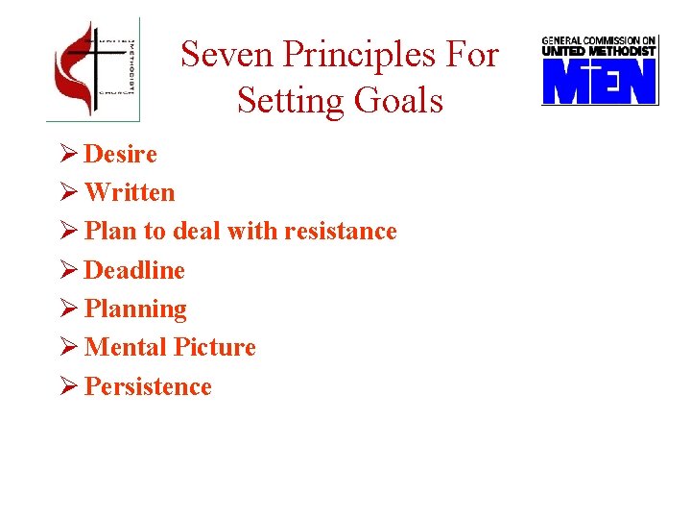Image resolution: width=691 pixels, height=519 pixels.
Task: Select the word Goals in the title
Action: point(405,99)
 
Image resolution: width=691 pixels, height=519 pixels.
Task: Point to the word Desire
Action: point(121,154)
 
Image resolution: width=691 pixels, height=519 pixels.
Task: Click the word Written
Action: point(130,192)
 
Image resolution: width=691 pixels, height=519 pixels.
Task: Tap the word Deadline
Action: point(134,270)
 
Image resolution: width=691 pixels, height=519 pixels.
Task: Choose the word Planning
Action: point(135,309)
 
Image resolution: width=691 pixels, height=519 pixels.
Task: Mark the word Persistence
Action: point(148,386)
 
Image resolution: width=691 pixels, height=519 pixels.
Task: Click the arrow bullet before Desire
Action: point(67,154)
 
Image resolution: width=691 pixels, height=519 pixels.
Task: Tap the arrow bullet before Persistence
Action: point(67,386)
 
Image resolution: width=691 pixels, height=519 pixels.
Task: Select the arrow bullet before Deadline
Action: point(67,270)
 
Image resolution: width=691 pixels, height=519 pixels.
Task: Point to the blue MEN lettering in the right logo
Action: point(599,82)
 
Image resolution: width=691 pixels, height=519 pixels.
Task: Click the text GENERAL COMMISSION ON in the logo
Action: point(599,40)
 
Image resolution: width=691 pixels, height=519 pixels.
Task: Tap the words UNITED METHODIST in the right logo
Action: point(599,51)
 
